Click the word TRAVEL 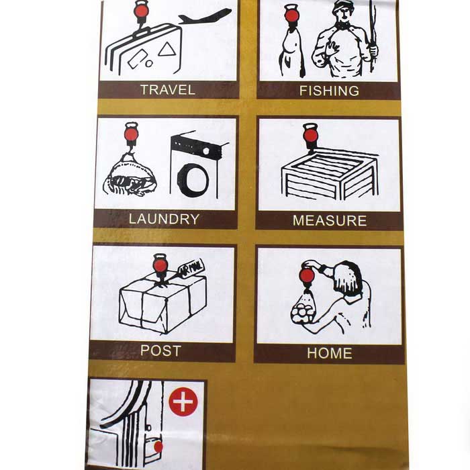168,89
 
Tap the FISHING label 329,91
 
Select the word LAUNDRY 164,219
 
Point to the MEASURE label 329,220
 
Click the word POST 160,350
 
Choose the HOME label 329,353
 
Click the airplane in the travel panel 205,16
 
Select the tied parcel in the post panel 162,305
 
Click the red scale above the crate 310,135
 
